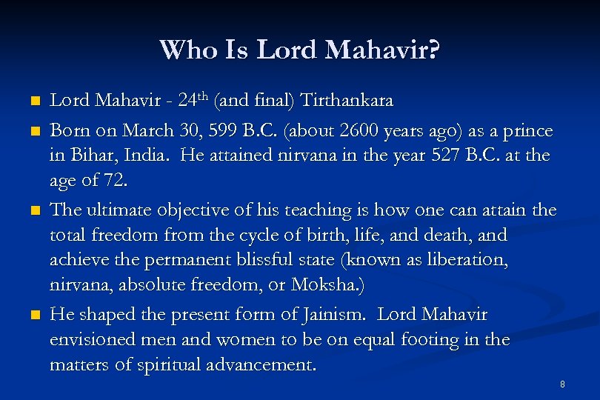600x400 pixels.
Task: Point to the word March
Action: click(146, 131)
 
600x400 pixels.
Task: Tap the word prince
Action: click(527, 131)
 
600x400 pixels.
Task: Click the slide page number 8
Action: click(563, 384)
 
